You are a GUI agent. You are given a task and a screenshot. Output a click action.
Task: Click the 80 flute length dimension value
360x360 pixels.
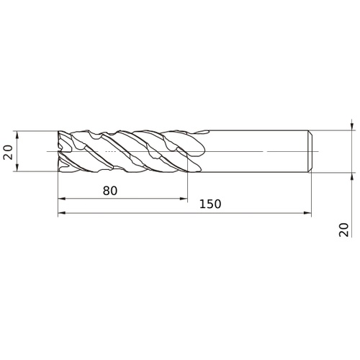(110, 191)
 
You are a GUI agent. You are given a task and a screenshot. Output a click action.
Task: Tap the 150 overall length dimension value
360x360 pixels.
(210, 204)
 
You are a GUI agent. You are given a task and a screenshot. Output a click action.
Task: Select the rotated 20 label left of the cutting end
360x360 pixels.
(8, 152)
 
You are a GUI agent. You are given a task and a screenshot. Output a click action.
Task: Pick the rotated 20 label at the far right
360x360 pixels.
(343, 230)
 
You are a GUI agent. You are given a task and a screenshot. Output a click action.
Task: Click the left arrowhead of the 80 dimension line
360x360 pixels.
(62, 199)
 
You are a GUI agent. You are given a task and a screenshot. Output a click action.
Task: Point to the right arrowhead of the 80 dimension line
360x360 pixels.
(184, 199)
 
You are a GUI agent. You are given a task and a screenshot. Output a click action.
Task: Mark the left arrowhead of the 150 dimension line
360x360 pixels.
(62, 213)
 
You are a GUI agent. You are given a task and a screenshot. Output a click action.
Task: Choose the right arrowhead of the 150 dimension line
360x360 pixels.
(307, 213)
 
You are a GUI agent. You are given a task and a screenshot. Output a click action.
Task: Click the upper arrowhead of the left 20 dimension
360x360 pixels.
(17, 135)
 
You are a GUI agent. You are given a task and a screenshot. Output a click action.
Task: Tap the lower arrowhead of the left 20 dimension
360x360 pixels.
(17, 168)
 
